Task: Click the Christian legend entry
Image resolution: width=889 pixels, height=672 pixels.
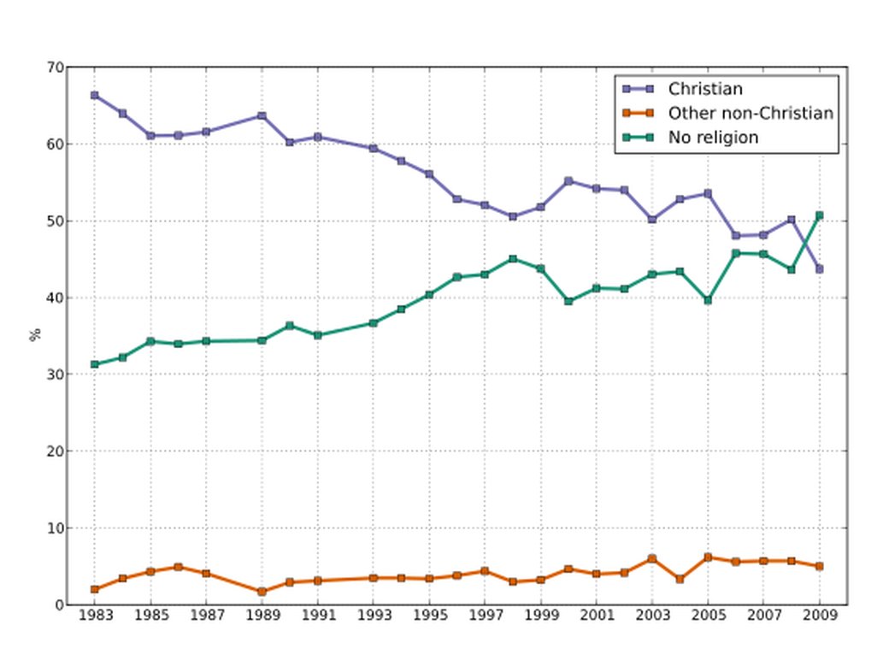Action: [x=705, y=89]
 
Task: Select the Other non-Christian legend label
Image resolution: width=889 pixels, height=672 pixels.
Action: [x=750, y=113]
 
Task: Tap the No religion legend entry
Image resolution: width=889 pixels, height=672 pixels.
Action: [x=713, y=138]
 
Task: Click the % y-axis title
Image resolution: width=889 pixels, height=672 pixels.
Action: [x=35, y=335]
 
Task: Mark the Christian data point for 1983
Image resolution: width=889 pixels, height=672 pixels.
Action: [x=94, y=95]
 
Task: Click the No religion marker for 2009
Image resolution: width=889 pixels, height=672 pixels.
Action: [x=819, y=215]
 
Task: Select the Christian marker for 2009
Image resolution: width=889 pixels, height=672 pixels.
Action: [x=819, y=269]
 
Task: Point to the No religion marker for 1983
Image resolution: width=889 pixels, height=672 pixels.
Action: [x=94, y=364]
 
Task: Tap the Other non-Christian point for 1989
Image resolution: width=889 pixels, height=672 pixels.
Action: [x=262, y=592]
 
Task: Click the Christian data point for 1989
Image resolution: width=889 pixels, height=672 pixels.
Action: [x=262, y=115]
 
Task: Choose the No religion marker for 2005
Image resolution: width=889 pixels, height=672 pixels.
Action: [x=708, y=300]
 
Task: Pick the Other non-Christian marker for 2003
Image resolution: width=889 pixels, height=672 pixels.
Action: [x=652, y=558]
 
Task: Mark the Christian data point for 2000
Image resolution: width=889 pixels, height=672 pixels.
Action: [x=568, y=181]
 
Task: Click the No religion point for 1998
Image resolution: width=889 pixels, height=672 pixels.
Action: [x=513, y=259]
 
